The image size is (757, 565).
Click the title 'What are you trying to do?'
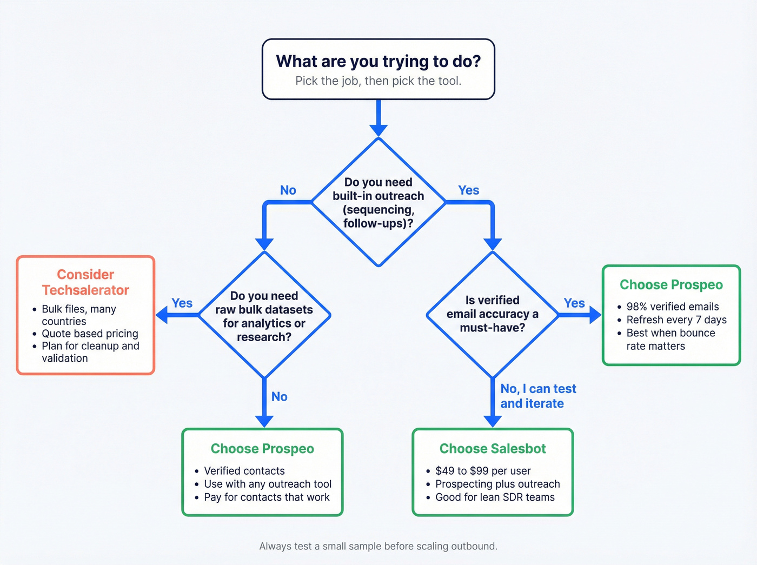pos(378,61)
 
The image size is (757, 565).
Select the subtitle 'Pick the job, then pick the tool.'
pos(378,81)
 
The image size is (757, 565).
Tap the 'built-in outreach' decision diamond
pos(378,202)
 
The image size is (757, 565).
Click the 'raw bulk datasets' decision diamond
pos(264,316)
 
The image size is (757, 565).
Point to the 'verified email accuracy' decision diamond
pos(492,314)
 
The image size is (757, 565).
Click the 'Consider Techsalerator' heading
pos(85,282)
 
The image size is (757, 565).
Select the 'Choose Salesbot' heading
pos(492,449)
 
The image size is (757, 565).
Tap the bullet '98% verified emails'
pos(672,307)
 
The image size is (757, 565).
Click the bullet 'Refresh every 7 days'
pos(676,320)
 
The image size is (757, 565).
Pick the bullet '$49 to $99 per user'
pos(482,471)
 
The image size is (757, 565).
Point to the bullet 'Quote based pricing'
pos(90,334)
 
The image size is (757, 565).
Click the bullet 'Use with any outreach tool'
pos(267,484)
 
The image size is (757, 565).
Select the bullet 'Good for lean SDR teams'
pos(495,497)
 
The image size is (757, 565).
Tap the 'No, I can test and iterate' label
pos(532,396)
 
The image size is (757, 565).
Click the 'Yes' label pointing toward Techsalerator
pos(182,303)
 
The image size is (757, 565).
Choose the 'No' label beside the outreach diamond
pos(288,190)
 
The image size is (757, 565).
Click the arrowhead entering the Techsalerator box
pos(162,315)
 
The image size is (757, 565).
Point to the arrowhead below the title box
pos(378,130)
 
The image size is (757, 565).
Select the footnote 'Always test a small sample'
pos(378,546)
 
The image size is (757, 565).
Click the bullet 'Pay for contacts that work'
pos(266,497)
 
